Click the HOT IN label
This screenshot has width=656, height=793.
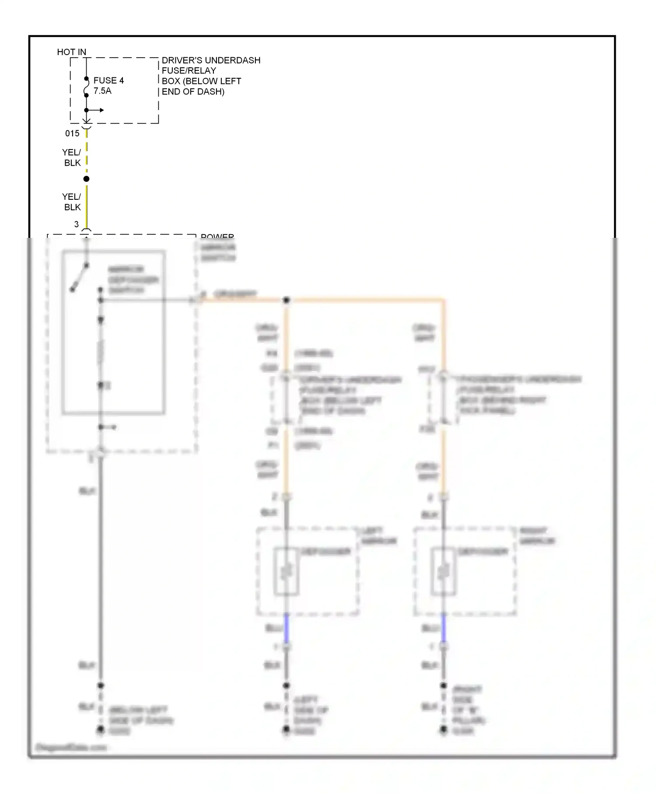pos(71,52)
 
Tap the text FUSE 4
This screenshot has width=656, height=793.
pos(108,80)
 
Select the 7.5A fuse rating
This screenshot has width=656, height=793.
pos(102,91)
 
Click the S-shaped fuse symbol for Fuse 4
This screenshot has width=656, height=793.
pos(87,90)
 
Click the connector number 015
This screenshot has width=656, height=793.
pos(72,133)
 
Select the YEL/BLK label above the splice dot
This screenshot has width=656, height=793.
pos(72,157)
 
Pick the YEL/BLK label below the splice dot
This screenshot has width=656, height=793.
pos(72,202)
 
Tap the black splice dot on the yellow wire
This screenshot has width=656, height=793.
pos(87,179)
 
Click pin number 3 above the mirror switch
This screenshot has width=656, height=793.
pos(77,224)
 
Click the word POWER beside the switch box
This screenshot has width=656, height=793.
pos(217,237)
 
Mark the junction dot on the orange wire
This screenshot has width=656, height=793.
pos(286,300)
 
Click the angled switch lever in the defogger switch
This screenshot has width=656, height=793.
pos(80,277)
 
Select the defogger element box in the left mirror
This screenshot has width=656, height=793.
pos(286,571)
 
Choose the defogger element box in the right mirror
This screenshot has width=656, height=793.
pos(443,571)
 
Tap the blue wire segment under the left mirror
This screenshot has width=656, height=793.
pos(286,629)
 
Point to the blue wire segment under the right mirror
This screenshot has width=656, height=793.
pos(443,629)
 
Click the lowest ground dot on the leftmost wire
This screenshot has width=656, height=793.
pos(101,729)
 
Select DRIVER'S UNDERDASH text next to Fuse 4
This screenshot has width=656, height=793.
pos(211,60)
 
